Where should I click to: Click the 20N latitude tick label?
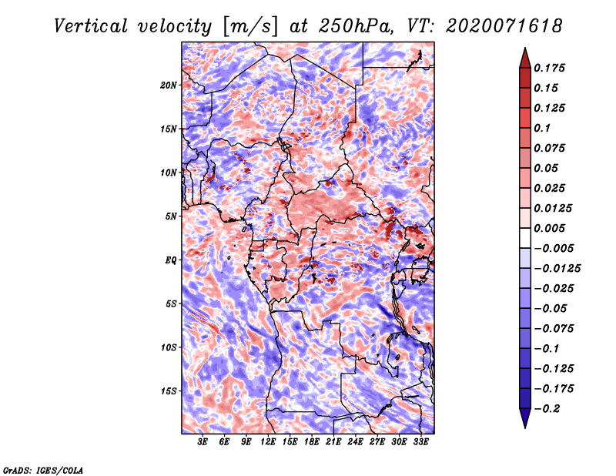[x=169, y=85]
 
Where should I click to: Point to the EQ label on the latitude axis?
[x=171, y=260]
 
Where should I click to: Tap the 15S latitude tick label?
[x=169, y=391]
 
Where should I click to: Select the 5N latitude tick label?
[x=171, y=216]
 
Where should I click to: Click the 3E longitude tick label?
[x=203, y=442]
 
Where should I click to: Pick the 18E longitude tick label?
[x=312, y=442]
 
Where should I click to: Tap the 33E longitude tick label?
[x=420, y=442]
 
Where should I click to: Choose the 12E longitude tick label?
[x=268, y=442]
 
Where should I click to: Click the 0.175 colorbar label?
[x=549, y=68]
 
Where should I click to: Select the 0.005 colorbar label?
[x=549, y=228]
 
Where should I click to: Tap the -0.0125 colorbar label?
[x=557, y=269]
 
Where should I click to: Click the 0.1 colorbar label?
[x=542, y=128]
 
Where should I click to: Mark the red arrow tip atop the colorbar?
[x=525, y=48]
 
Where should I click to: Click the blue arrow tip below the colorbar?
[x=525, y=427]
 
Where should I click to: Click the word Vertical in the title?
[x=91, y=26]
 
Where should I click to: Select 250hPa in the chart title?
[x=356, y=26]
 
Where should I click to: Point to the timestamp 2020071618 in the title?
[x=504, y=26]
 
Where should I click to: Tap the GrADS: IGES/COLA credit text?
[x=43, y=470]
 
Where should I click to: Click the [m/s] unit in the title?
[x=250, y=27]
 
